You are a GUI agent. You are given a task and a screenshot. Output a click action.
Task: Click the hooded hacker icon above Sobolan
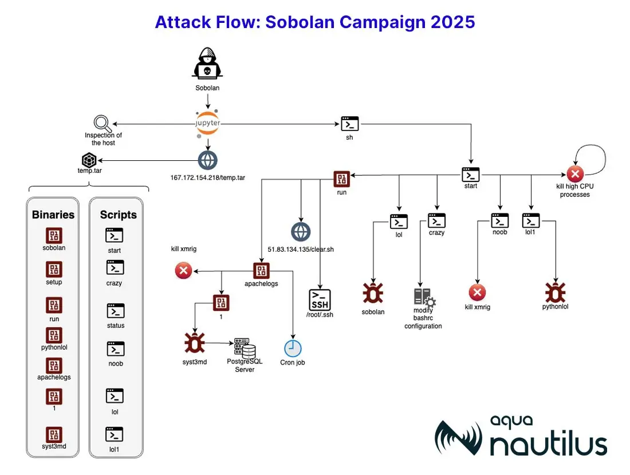(207, 64)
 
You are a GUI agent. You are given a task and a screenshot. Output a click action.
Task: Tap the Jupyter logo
(208, 123)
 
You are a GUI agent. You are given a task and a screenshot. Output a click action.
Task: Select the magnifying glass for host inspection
(102, 124)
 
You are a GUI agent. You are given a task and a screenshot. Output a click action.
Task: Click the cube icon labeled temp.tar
(89, 160)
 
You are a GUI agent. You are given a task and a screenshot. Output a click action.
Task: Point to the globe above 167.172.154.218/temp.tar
(208, 160)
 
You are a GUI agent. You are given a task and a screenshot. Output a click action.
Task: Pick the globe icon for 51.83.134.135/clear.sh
(301, 232)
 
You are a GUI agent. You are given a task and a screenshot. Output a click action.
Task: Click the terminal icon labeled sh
(349, 124)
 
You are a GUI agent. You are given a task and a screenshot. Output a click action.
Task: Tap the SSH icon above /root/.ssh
(320, 299)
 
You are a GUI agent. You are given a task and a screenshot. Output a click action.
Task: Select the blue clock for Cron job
(293, 349)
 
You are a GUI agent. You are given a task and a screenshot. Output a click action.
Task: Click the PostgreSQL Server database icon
(245, 348)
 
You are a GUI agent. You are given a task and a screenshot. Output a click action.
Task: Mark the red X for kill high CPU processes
(575, 174)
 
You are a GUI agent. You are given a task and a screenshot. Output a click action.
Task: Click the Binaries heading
(53, 215)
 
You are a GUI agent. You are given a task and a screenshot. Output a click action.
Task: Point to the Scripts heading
(118, 215)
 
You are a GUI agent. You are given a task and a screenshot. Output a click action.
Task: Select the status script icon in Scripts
(115, 311)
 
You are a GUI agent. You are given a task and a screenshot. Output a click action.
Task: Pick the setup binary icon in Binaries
(54, 270)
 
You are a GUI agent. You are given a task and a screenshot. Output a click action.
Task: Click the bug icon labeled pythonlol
(556, 292)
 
